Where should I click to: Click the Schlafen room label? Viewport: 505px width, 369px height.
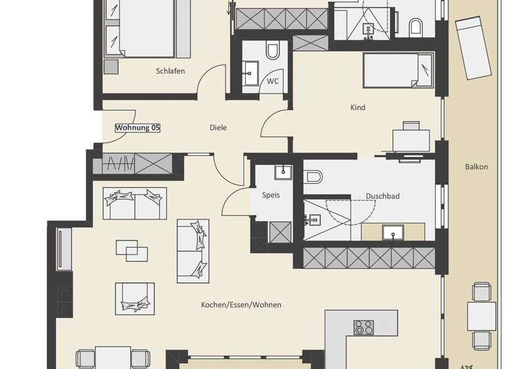click(x=170, y=71)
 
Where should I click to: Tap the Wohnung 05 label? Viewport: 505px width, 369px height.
click(x=137, y=127)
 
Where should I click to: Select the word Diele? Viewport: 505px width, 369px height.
click(x=218, y=127)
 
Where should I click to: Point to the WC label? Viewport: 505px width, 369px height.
click(x=272, y=82)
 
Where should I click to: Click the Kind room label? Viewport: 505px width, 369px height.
click(x=358, y=107)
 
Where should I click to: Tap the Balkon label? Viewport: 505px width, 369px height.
click(x=476, y=167)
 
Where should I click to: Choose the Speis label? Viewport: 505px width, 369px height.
click(x=271, y=195)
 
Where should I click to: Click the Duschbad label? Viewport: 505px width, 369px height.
click(x=383, y=196)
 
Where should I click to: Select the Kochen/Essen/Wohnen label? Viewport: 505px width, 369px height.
click(x=241, y=304)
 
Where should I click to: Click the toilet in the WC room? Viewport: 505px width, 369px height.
click(x=273, y=51)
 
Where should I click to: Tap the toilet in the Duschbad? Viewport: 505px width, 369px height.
click(x=313, y=177)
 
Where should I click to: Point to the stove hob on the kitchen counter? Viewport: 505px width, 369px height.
click(x=363, y=327)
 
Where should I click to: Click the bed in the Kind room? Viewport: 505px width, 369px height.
click(x=398, y=71)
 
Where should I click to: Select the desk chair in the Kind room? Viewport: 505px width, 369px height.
click(x=411, y=125)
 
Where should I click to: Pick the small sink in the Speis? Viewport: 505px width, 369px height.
click(x=283, y=172)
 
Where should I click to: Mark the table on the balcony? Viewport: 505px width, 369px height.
click(x=482, y=314)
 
